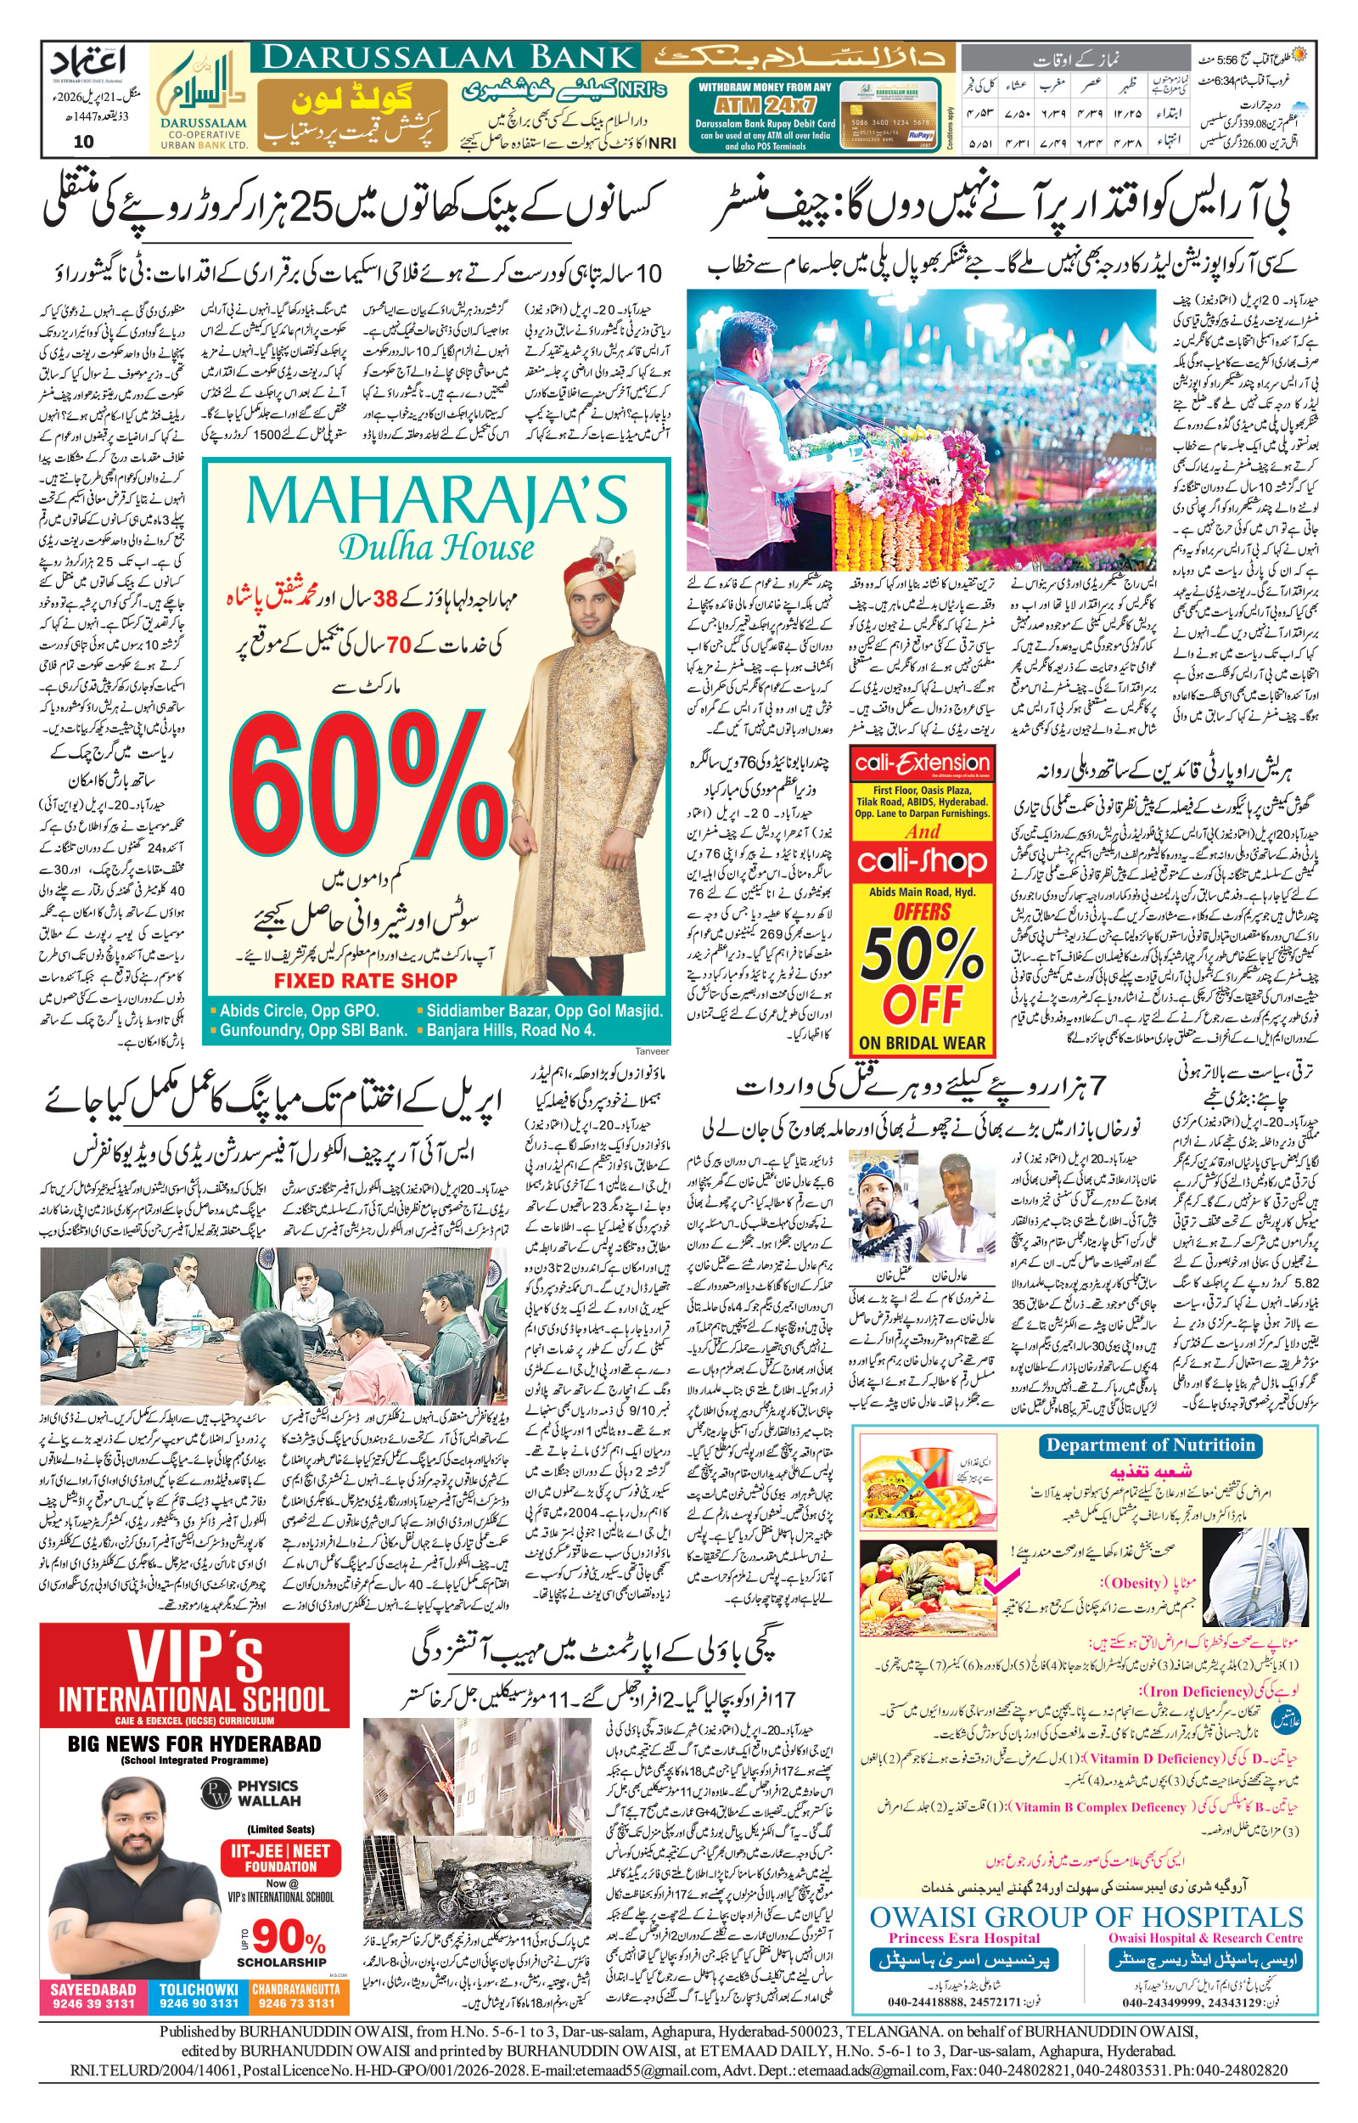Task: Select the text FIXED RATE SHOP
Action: pos(365,980)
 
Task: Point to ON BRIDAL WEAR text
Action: pos(922,1042)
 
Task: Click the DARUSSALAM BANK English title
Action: pos(449,58)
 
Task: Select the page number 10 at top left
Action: pos(84,140)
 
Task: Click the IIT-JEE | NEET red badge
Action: pos(280,1856)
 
